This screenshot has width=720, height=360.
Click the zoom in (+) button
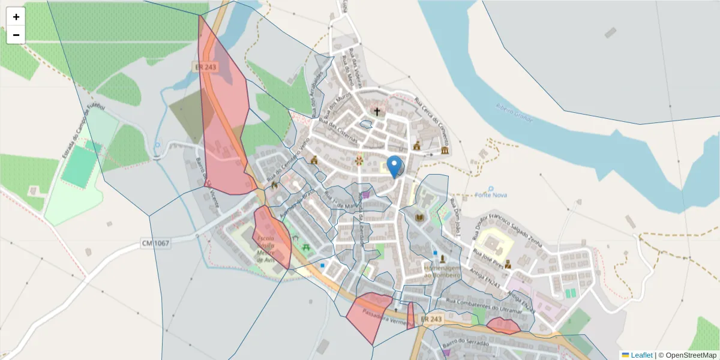point(16,17)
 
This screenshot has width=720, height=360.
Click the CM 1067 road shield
point(155,243)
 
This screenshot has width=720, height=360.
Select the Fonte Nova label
point(491,194)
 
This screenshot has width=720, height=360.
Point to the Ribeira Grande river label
point(514,112)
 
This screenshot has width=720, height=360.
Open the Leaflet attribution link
point(641,355)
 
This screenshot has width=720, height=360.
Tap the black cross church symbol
point(377,112)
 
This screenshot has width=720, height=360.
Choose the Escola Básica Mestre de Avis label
point(265,249)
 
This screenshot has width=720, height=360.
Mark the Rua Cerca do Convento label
point(431,112)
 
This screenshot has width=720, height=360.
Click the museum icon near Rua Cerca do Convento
point(445,150)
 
